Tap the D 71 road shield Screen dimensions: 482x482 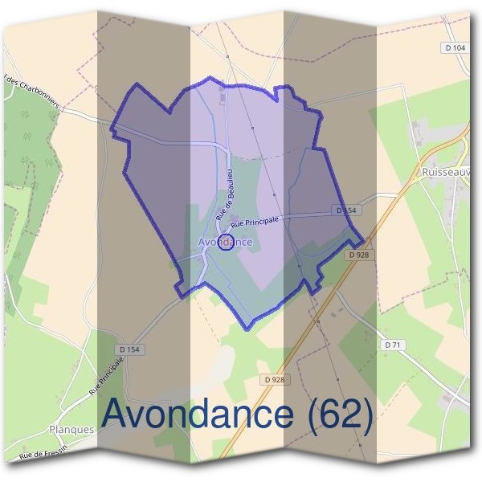pyautogui.click(x=393, y=345)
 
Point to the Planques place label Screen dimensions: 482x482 pyautogui.click(x=71, y=430)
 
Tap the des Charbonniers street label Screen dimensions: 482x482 pyautogui.click(x=32, y=92)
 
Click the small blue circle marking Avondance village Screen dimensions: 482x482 pyautogui.click(x=226, y=243)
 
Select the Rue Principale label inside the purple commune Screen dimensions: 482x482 pyautogui.click(x=255, y=219)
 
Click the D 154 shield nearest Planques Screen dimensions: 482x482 pyautogui.click(x=129, y=349)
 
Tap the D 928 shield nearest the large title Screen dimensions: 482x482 pyautogui.click(x=274, y=379)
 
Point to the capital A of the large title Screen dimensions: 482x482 pyautogui.click(x=120, y=415)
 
